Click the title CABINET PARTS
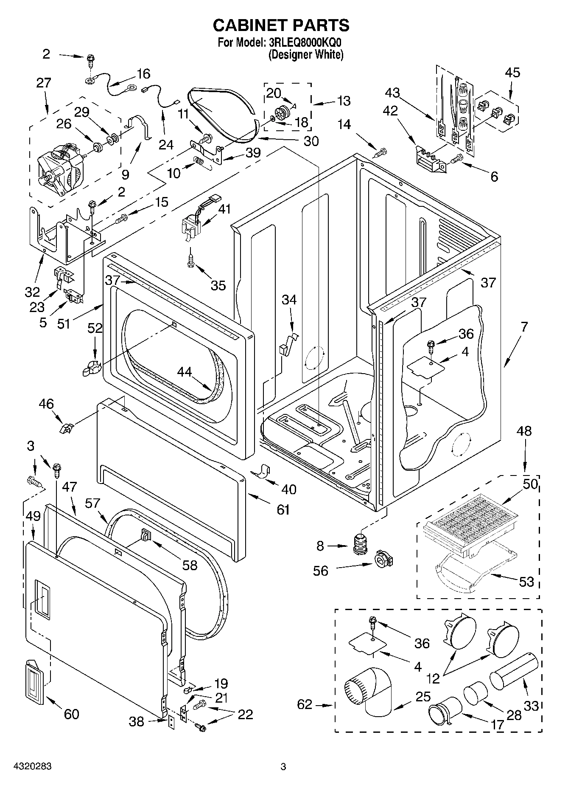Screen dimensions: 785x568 click(281, 25)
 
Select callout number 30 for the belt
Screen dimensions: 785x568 click(311, 141)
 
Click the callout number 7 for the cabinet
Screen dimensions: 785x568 click(524, 326)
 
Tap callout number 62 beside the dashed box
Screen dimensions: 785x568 click(305, 705)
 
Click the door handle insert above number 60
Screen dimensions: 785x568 click(35, 680)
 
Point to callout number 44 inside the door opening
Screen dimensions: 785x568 click(185, 372)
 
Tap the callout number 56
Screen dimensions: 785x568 click(321, 571)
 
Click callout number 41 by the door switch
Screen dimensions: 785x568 click(224, 209)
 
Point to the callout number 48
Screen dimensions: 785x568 click(525, 431)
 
